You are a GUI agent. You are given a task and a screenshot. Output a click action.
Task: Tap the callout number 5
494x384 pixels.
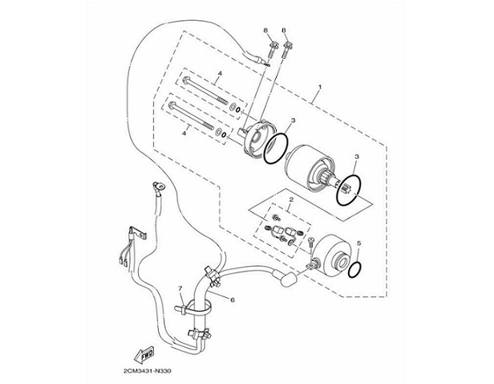(359, 242)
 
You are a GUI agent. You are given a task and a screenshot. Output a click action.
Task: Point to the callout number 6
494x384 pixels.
(232, 300)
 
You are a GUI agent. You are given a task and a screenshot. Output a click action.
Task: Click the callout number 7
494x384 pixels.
(181, 288)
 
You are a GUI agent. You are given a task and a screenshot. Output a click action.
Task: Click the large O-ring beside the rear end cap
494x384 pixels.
(277, 148)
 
